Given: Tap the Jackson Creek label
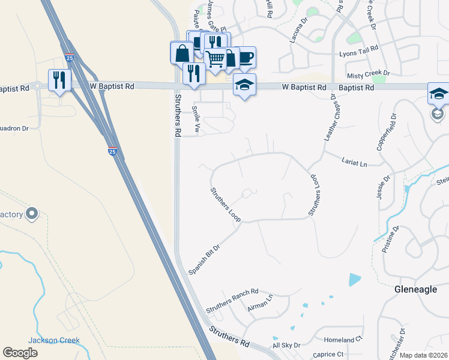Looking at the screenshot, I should coord(54,340).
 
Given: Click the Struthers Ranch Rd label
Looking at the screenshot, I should coord(232,301).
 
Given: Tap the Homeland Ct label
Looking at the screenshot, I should coord(343,340).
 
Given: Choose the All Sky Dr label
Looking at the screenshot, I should coord(286,346).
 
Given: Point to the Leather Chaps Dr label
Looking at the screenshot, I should coord(336,119).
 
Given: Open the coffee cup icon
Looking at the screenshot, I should coord(246,58).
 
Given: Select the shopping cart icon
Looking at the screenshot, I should coord(215,58).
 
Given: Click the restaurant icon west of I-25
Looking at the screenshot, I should coord(59,80).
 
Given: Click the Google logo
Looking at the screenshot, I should coord(20,353).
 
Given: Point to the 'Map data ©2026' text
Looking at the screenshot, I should coord(423,355).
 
